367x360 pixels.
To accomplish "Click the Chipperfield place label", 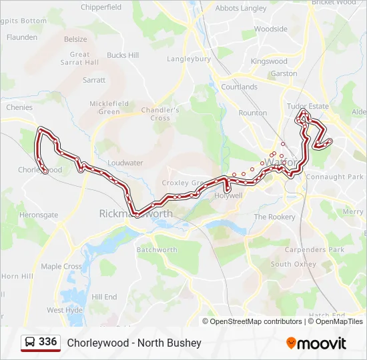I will pyautogui.click(x=101, y=7).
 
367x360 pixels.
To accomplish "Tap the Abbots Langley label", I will pyautogui.click(x=241, y=8).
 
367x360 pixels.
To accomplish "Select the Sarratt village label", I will pyautogui.click(x=94, y=80).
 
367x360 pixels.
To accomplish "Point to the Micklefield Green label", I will pyautogui.click(x=109, y=108).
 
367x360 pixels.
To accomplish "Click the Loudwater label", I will pyautogui.click(x=125, y=163).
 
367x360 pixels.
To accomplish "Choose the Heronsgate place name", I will pyautogui.click(x=39, y=215).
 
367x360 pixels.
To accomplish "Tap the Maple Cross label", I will pyautogui.click(x=61, y=267).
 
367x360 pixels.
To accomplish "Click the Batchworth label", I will pyautogui.click(x=157, y=250).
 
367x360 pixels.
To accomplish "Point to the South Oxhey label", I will pyautogui.click(x=294, y=264).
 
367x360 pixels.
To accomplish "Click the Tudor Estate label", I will pyautogui.click(x=308, y=107).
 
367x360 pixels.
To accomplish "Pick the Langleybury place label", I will pyautogui.click(x=188, y=59).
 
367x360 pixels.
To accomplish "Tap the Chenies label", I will pyautogui.click(x=19, y=107).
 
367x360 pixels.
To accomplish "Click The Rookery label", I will pyautogui.click(x=274, y=217).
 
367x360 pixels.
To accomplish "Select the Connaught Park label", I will pyautogui.click(x=334, y=177).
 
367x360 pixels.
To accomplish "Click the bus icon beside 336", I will pyautogui.click(x=30, y=343).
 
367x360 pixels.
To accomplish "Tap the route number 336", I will pyautogui.click(x=47, y=342).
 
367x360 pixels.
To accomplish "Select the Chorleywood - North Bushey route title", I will pyautogui.click(x=133, y=343).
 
